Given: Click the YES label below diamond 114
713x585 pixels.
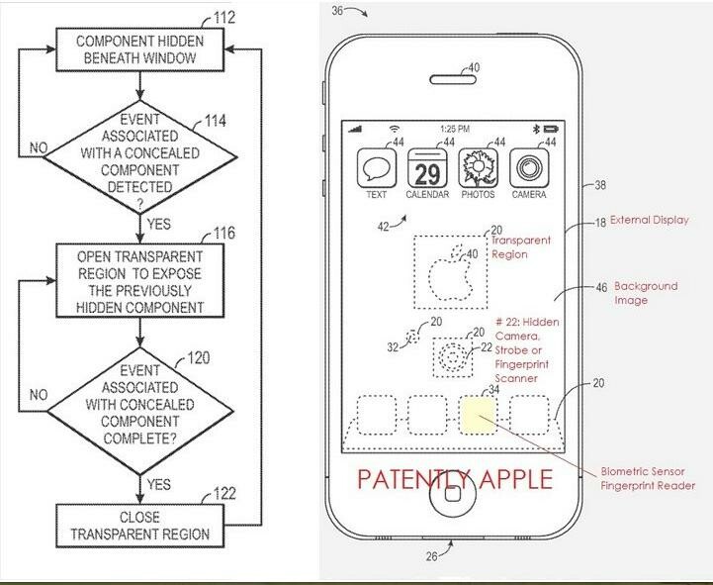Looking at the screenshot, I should point(157,222).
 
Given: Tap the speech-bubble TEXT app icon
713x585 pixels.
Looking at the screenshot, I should point(376,168).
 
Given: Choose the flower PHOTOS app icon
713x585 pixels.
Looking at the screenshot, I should point(478,168).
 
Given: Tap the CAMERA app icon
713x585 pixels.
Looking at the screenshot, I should point(529,168).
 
